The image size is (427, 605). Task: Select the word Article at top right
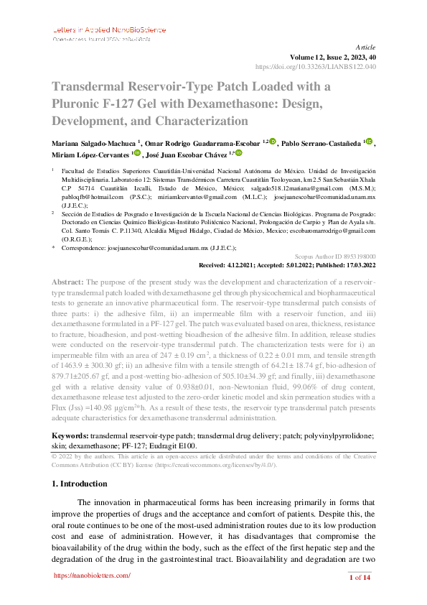365,45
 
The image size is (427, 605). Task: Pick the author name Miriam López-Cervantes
90,154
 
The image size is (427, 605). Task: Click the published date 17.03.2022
357,264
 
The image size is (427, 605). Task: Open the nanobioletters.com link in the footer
93,576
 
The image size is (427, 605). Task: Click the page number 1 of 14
359,578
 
